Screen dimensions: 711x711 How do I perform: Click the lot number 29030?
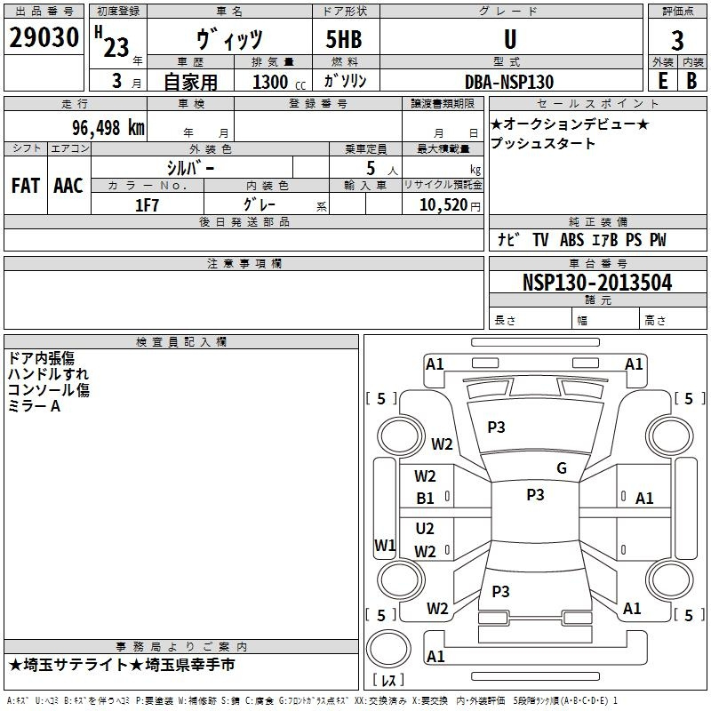coord(44,39)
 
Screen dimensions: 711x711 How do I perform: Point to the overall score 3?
coord(677,40)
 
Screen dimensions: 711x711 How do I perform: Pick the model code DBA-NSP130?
coord(509,82)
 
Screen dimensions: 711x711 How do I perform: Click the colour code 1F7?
coord(148,204)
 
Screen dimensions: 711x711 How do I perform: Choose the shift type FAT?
coord(25,185)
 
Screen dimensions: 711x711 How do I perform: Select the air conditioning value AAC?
coord(68,185)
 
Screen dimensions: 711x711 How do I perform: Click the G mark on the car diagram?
coord(562,468)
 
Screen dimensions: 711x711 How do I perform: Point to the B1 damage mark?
coord(426,499)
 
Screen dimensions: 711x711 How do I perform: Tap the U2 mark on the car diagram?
coord(426,529)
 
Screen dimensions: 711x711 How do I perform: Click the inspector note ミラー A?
coord(34,406)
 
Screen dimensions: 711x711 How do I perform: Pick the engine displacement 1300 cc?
coord(276,82)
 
